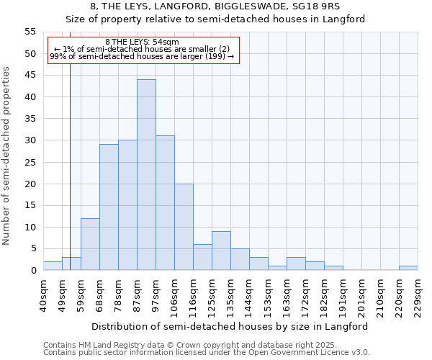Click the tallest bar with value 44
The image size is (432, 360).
click(146, 175)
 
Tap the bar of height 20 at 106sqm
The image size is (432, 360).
click(184, 227)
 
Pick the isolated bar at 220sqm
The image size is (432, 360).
click(408, 268)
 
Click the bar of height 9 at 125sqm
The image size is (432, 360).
click(221, 251)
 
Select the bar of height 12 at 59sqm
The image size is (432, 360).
click(90, 244)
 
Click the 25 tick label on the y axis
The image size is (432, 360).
click(30, 162)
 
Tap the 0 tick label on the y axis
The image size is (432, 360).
click(33, 271)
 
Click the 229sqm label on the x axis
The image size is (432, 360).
click(418, 295)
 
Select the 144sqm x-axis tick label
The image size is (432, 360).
click(249, 295)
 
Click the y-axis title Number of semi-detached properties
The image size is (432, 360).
click(6, 156)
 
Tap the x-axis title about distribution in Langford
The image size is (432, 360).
click(230, 326)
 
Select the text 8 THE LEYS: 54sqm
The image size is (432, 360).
click(137, 42)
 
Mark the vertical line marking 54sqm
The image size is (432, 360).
click(70, 180)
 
